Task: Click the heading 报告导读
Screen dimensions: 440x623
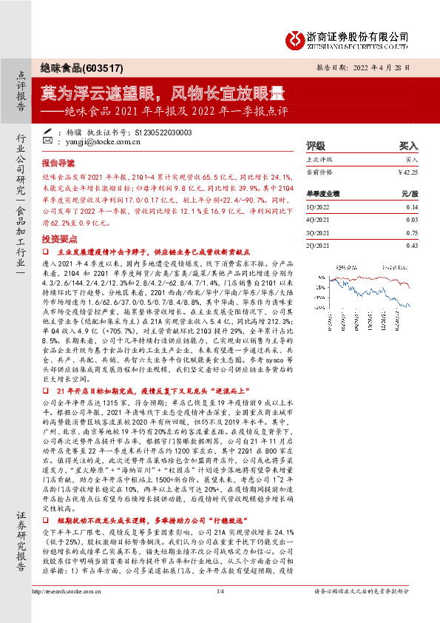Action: pos(58,162)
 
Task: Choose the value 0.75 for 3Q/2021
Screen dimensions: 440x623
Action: pos(411,234)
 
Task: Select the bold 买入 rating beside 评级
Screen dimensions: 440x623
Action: pos(409,147)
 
